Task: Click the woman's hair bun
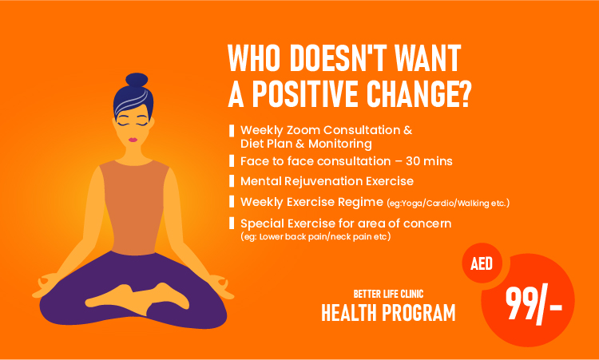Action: [137, 80]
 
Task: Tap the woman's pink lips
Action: [133, 140]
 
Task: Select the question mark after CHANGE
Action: [463, 93]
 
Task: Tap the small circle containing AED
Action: [482, 263]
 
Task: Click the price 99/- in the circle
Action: [534, 304]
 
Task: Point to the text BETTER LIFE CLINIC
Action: [388, 294]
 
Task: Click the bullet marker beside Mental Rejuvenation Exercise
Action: [232, 180]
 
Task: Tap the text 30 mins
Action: [429, 161]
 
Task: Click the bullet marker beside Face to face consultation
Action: [232, 160]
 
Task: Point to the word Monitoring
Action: [340, 144]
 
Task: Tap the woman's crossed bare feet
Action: [137, 299]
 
